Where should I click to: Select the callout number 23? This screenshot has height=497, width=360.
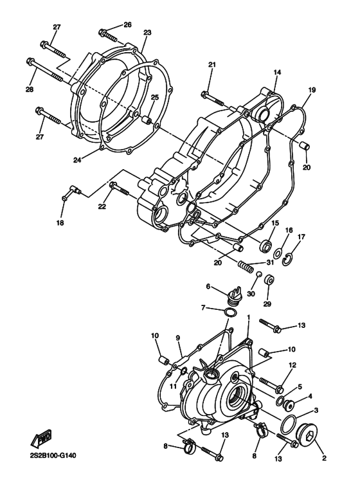[147, 32]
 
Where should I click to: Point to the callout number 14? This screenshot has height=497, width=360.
[277, 73]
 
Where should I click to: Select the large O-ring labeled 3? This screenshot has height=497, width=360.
[290, 425]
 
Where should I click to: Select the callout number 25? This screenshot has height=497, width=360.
[154, 97]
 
